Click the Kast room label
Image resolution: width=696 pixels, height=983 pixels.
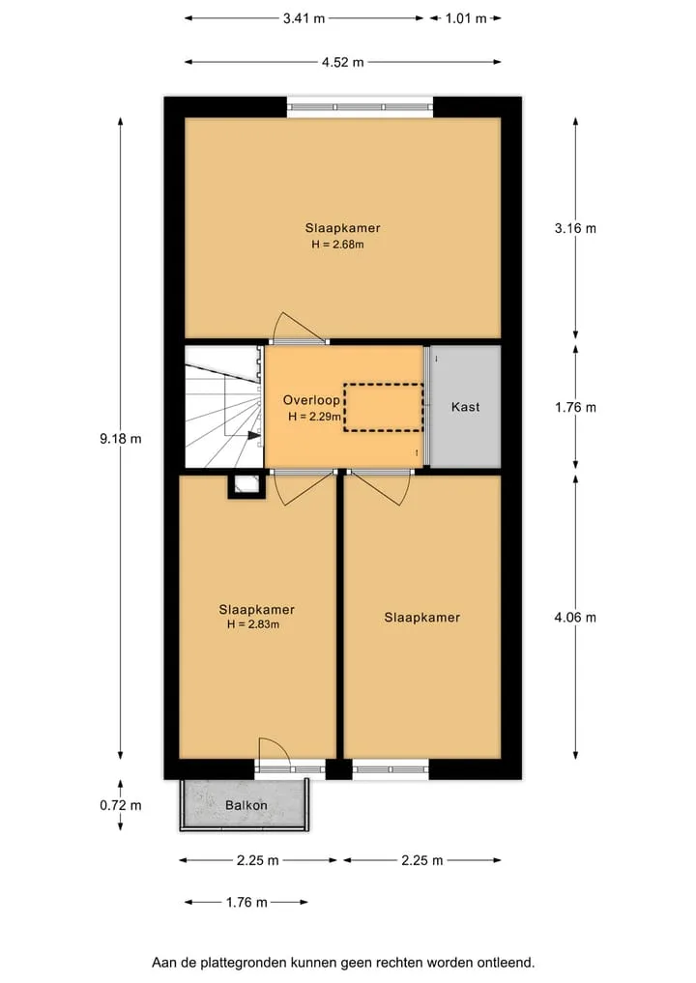465,407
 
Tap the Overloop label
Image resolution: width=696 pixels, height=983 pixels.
311,400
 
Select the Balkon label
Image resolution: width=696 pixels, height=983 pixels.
246,805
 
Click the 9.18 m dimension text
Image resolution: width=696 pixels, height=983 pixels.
121,439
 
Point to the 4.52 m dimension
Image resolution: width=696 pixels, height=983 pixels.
343,62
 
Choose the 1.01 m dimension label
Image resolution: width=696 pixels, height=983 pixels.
466,18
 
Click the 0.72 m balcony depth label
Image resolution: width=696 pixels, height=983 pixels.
121,805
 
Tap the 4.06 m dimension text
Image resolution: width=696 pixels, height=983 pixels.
575,618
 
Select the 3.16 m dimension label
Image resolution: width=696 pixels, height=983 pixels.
575,228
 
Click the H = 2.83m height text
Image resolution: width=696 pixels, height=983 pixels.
253,624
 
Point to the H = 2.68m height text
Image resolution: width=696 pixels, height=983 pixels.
337,245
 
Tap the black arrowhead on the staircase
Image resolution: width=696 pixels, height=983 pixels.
254,435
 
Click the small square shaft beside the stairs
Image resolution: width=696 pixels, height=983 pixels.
246,484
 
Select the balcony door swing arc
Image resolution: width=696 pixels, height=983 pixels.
283,745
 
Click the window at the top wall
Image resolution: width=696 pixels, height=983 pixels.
360,107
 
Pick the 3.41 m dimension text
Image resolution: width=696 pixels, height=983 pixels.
304,18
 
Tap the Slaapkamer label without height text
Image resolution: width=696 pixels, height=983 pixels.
422,618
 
